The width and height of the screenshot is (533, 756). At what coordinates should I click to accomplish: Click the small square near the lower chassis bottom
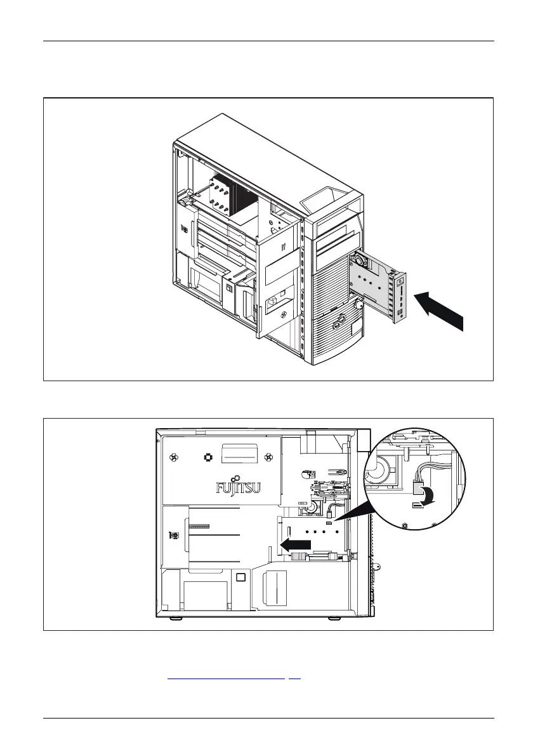240,577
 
